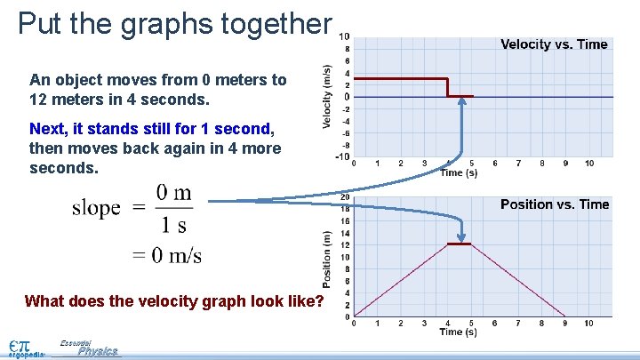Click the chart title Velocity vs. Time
(x=554, y=44)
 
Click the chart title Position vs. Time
(x=555, y=204)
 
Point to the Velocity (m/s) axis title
(x=327, y=96)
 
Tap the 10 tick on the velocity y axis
(x=344, y=36)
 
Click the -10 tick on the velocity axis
(x=342, y=157)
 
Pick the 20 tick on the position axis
(x=344, y=196)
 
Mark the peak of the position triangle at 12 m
(x=459, y=244)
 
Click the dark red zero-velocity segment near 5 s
(x=460, y=96)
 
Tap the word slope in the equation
(x=96, y=208)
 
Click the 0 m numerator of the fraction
(x=174, y=192)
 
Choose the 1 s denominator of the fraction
(x=173, y=224)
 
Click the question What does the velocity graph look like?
(x=174, y=300)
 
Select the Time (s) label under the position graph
(x=459, y=332)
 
